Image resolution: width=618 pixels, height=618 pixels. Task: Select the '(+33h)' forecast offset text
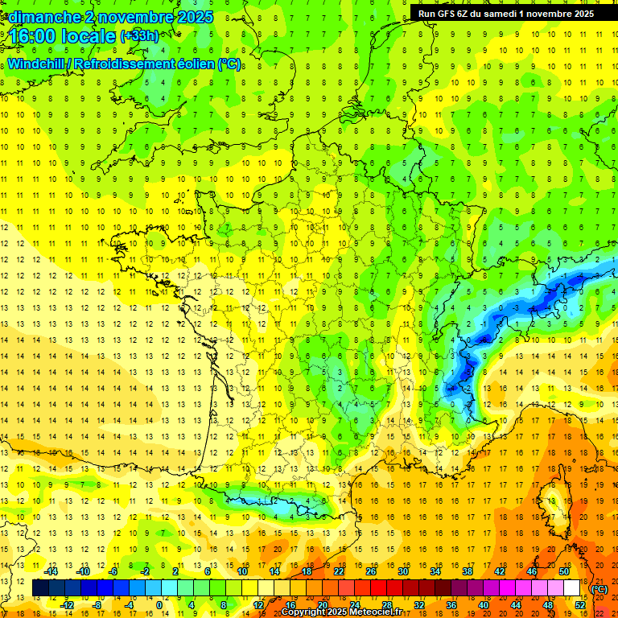pyautogui.click(x=139, y=35)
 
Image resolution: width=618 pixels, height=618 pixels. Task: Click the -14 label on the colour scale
pyautogui.click(x=51, y=571)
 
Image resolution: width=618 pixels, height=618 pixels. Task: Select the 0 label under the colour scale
pyautogui.click(x=159, y=605)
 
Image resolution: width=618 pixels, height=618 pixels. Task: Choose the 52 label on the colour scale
pyautogui.click(x=579, y=605)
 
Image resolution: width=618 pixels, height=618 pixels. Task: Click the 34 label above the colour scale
pyautogui.click(x=435, y=571)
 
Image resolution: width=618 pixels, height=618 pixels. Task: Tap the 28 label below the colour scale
pyautogui.click(x=387, y=605)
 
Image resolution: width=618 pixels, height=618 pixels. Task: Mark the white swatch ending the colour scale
pyautogui.click(x=572, y=588)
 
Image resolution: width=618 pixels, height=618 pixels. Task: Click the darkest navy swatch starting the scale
pyautogui.click(x=40, y=588)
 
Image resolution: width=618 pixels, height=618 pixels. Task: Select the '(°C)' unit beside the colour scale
pyautogui.click(x=599, y=588)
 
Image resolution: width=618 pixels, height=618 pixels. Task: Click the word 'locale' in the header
pyautogui.click(x=91, y=37)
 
